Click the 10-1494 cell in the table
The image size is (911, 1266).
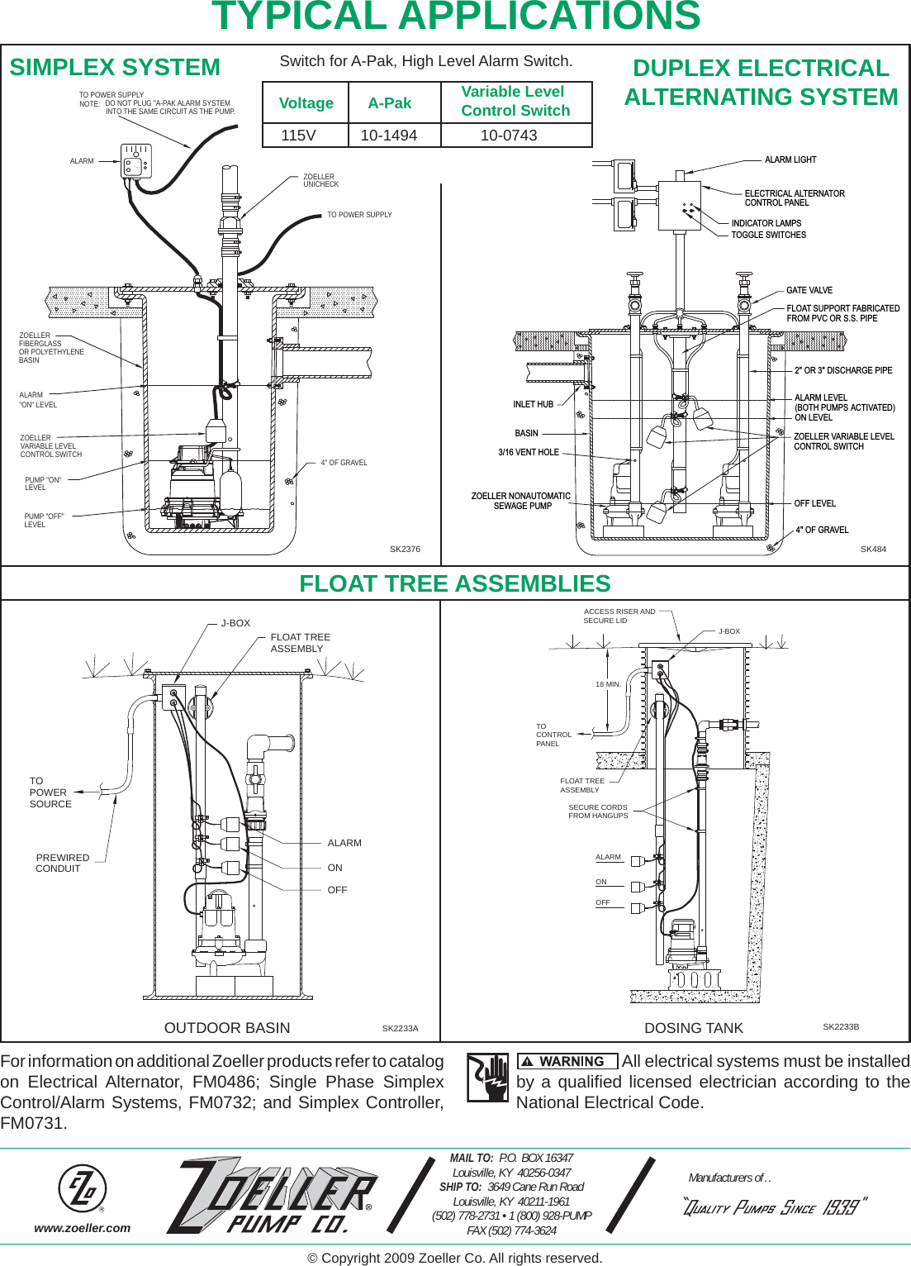389,136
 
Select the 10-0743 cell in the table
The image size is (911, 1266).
509,136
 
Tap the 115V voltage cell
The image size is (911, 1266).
298,136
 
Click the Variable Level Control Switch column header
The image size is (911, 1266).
515,102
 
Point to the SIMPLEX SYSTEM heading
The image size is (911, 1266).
115,68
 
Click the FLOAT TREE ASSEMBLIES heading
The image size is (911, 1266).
454,583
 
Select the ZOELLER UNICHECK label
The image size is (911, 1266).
320,180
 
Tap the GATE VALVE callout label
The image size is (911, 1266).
809,290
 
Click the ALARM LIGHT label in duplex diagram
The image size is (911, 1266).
790,159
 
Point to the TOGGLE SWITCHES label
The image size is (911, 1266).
768,235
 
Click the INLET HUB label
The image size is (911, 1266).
533,404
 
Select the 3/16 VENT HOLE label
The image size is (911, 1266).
528,452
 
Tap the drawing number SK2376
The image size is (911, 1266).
405,549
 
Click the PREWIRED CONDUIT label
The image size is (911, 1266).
62,863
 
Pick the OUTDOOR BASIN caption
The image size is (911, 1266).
227,1028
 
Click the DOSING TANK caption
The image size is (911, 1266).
694,1028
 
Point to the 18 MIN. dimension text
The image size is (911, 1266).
608,684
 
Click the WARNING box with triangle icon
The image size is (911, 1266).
567,1062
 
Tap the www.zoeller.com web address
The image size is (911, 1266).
82,1228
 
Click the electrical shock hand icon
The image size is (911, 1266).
487,1078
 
